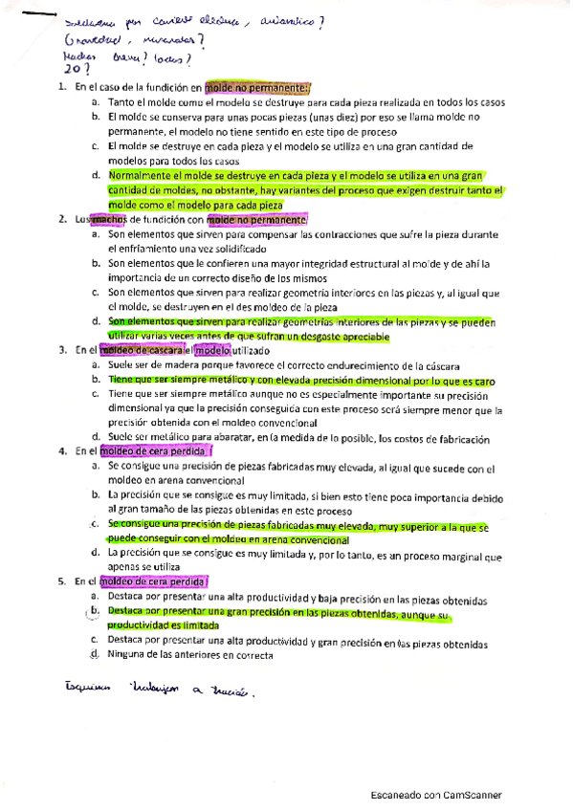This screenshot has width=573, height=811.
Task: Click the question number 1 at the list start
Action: point(60,88)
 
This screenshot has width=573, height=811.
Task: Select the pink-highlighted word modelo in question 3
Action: point(212,351)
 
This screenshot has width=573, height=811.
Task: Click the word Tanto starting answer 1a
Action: point(121,102)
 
